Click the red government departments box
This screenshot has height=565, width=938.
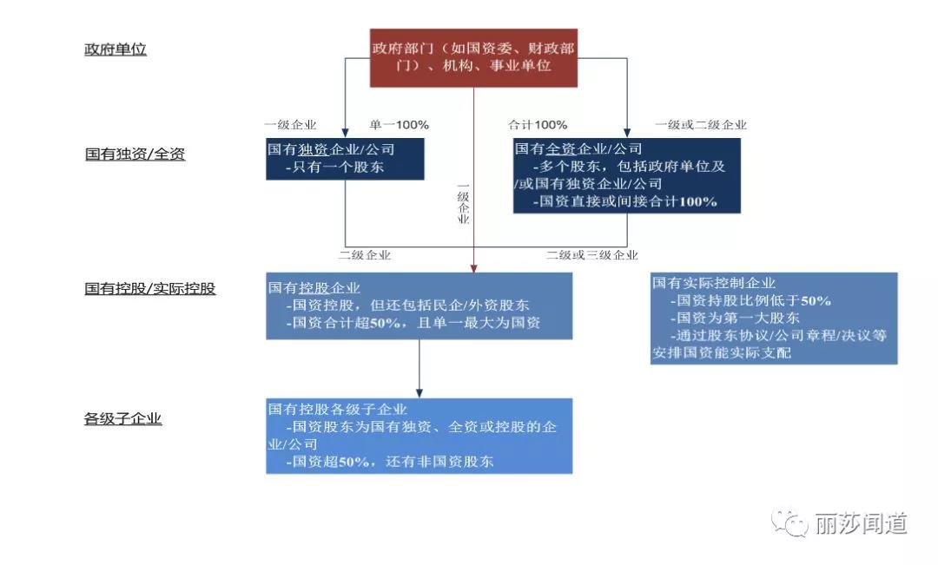(474, 58)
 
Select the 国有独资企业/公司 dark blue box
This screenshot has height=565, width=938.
(345, 159)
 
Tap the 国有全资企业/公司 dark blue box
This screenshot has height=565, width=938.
(627, 176)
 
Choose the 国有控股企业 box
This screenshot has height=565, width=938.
(419, 306)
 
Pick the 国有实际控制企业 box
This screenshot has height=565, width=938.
(774, 319)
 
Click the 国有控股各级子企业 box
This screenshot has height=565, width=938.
(419, 436)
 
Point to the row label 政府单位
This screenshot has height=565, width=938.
(116, 49)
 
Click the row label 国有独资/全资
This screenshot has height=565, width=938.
(135, 154)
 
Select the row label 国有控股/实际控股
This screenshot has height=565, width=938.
(150, 289)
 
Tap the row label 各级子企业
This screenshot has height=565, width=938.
(123, 418)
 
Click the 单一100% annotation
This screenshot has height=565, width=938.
(399, 125)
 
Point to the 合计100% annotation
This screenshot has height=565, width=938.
(538, 125)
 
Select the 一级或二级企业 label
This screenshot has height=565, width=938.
(701, 125)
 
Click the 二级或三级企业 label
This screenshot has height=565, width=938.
(592, 255)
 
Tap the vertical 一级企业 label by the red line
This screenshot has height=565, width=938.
(464, 204)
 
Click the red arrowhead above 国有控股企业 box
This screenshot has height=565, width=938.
(474, 269)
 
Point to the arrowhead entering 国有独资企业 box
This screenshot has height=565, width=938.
(345, 134)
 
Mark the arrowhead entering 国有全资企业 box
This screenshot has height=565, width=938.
(627, 134)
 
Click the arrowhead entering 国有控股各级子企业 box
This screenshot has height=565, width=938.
(419, 393)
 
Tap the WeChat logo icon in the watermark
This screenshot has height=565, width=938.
(789, 523)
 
